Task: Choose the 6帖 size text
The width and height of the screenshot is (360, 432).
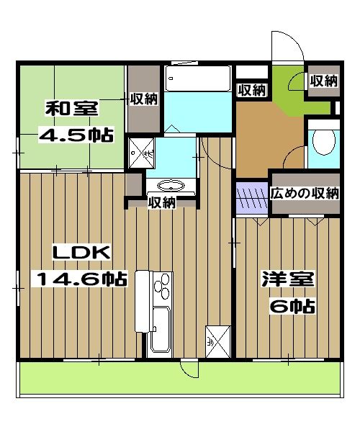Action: coord(292,306)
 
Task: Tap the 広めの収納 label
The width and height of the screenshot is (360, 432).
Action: coord(305,193)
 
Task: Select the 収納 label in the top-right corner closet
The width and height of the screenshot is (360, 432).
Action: coord(323,81)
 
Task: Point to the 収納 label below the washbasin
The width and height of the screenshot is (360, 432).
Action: coord(161,203)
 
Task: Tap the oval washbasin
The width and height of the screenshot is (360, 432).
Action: coord(171,185)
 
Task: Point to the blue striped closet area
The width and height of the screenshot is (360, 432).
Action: coord(252,199)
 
